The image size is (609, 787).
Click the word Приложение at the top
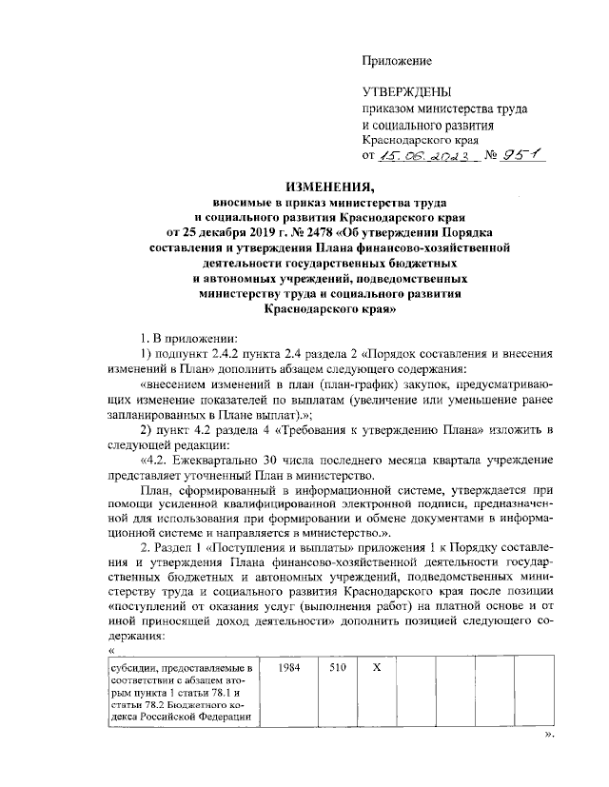tap(397, 61)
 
